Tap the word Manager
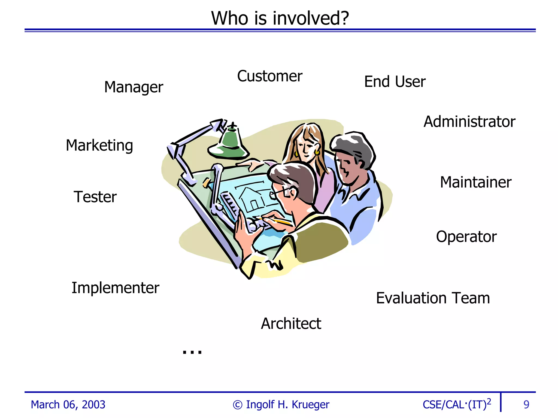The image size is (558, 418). click(x=134, y=87)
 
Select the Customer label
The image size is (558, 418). click(x=270, y=76)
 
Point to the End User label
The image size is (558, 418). click(x=395, y=82)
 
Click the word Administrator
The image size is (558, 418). click(x=469, y=122)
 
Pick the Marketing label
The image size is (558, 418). click(x=99, y=145)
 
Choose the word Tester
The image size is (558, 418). click(x=95, y=197)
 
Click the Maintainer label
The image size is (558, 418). click(x=476, y=182)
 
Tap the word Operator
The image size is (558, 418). click(x=466, y=237)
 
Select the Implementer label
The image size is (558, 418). click(x=115, y=288)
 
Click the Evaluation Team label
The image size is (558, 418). click(x=433, y=298)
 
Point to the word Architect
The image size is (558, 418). click(x=291, y=324)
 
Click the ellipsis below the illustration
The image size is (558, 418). click(x=192, y=352)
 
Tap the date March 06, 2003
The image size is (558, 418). click(x=68, y=405)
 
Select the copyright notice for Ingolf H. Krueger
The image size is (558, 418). click(x=281, y=405)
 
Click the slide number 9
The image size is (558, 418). click(x=526, y=405)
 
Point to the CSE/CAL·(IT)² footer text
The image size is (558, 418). click(x=457, y=404)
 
